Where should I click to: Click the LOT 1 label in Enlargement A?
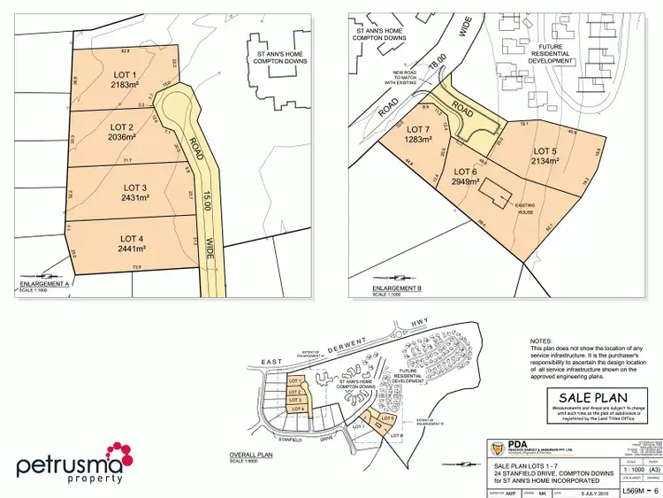124,73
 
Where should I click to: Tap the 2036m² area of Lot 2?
123,138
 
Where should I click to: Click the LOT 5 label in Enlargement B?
544,151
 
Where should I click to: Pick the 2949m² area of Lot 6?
466,181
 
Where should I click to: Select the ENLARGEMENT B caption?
395,288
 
